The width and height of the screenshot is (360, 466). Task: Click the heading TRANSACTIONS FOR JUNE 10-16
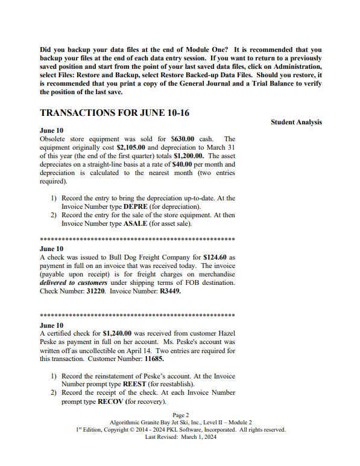tap(115, 113)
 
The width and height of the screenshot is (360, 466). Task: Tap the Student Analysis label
tap(296, 123)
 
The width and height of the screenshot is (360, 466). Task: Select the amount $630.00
tap(182, 139)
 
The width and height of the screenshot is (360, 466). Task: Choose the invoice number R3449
tap(169, 291)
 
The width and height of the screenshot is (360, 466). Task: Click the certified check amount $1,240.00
tap(120, 334)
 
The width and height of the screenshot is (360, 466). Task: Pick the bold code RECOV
tap(110, 401)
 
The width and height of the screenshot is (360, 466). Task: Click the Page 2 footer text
tap(181, 415)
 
